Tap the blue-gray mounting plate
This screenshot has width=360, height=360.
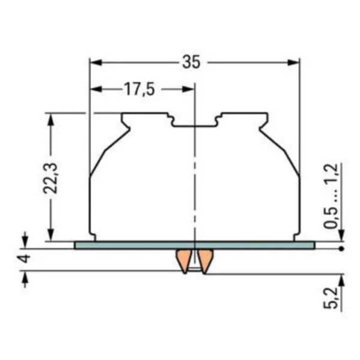pos(120,245)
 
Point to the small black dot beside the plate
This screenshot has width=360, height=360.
pos(341,247)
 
